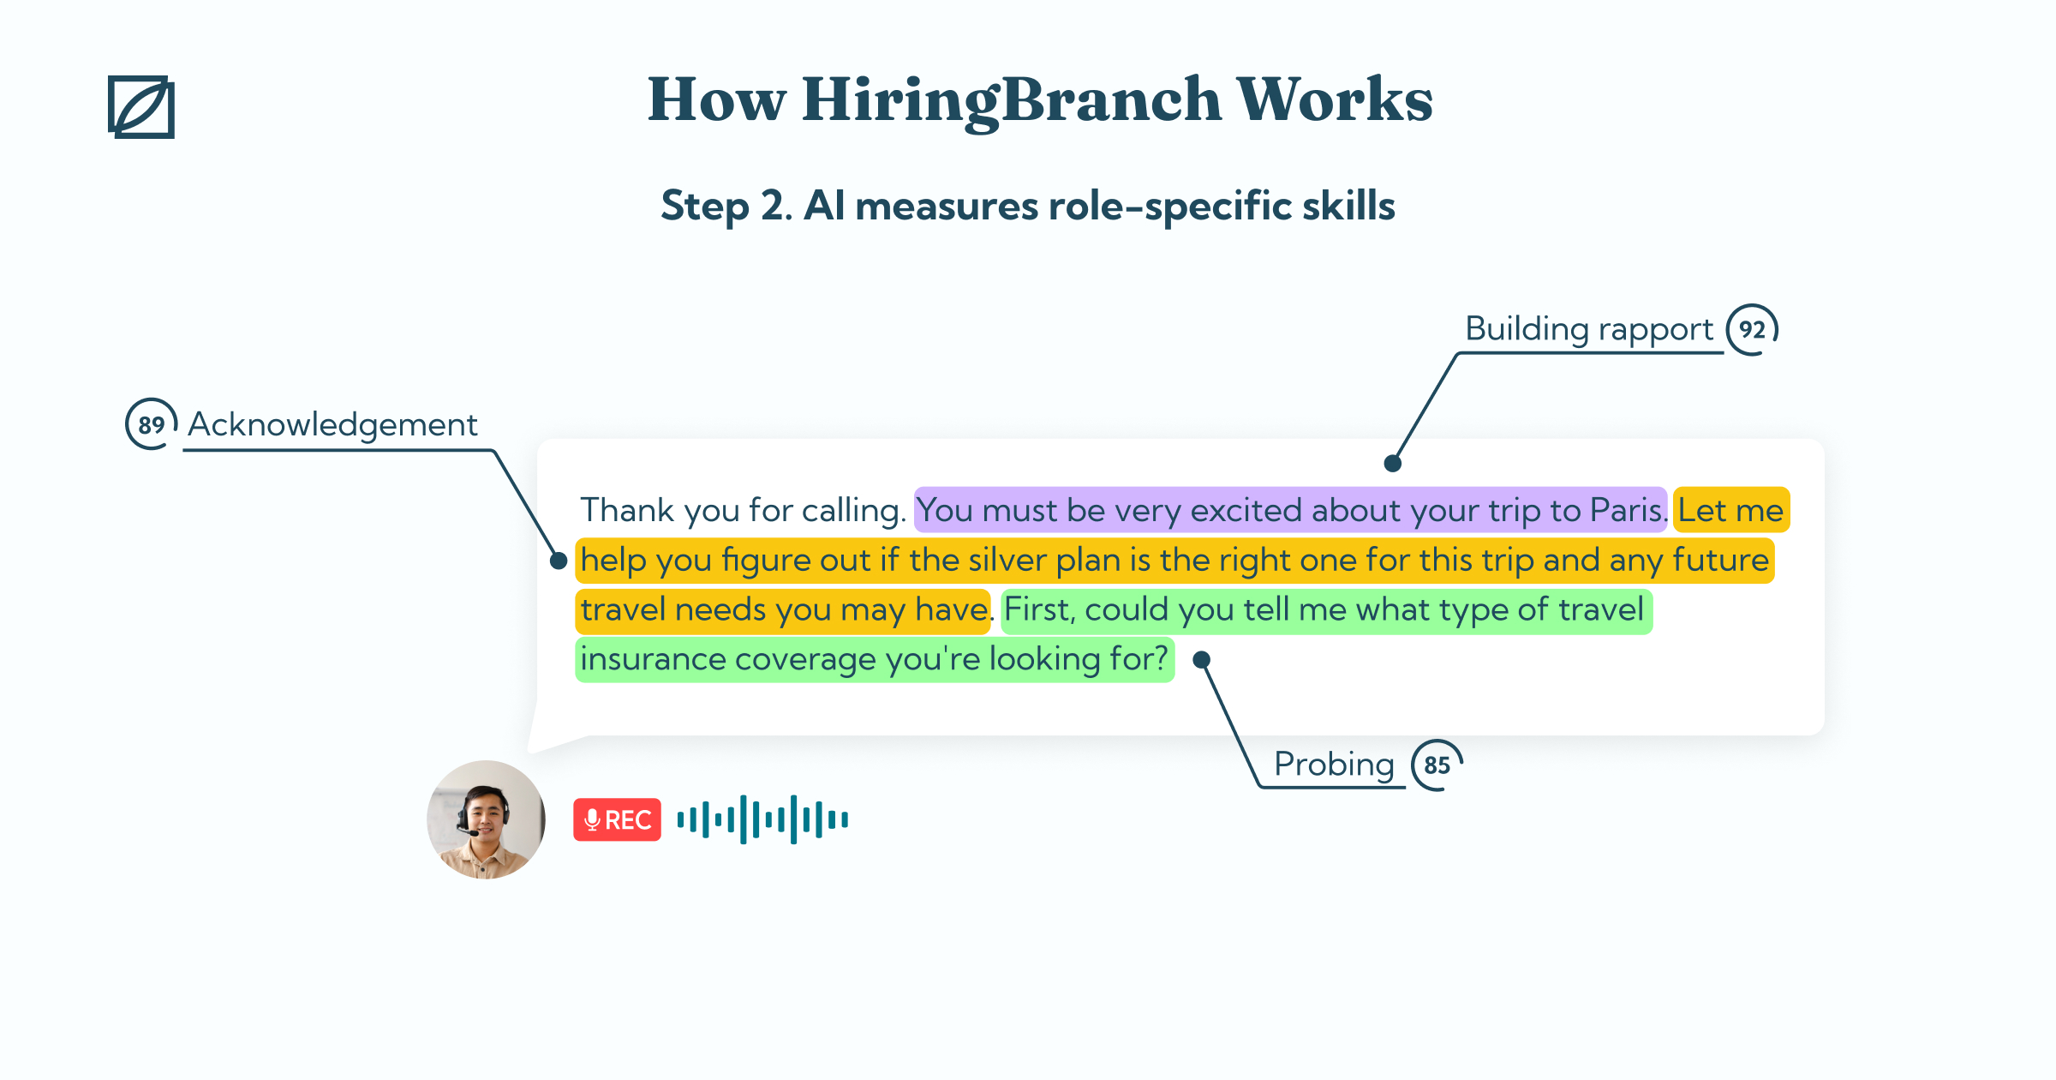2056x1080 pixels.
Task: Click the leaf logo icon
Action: pyautogui.click(x=141, y=107)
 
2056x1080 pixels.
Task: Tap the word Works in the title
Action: pyautogui.click(x=1335, y=99)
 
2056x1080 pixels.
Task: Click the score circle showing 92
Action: pyautogui.click(x=1752, y=330)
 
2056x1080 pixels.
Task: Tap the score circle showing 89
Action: pyautogui.click(x=152, y=424)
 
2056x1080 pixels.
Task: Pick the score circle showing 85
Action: pyautogui.click(x=1437, y=765)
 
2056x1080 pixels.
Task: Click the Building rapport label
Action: pyautogui.click(x=1589, y=330)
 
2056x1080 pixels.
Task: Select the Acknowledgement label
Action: pyautogui.click(x=332, y=424)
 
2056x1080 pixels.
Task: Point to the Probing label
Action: pyautogui.click(x=1334, y=765)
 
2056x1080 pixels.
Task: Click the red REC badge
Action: pyautogui.click(x=617, y=820)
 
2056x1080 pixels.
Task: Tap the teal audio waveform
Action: pyautogui.click(x=762, y=819)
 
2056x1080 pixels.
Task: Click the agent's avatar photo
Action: pyautogui.click(x=486, y=819)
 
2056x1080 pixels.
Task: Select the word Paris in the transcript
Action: pyautogui.click(x=1627, y=511)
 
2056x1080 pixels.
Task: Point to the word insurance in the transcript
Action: pyautogui.click(x=654, y=659)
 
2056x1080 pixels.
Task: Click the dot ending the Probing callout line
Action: pyautogui.click(x=1202, y=659)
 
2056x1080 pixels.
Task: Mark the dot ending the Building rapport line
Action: pyautogui.click(x=1393, y=464)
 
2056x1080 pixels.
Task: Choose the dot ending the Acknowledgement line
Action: pyautogui.click(x=559, y=561)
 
